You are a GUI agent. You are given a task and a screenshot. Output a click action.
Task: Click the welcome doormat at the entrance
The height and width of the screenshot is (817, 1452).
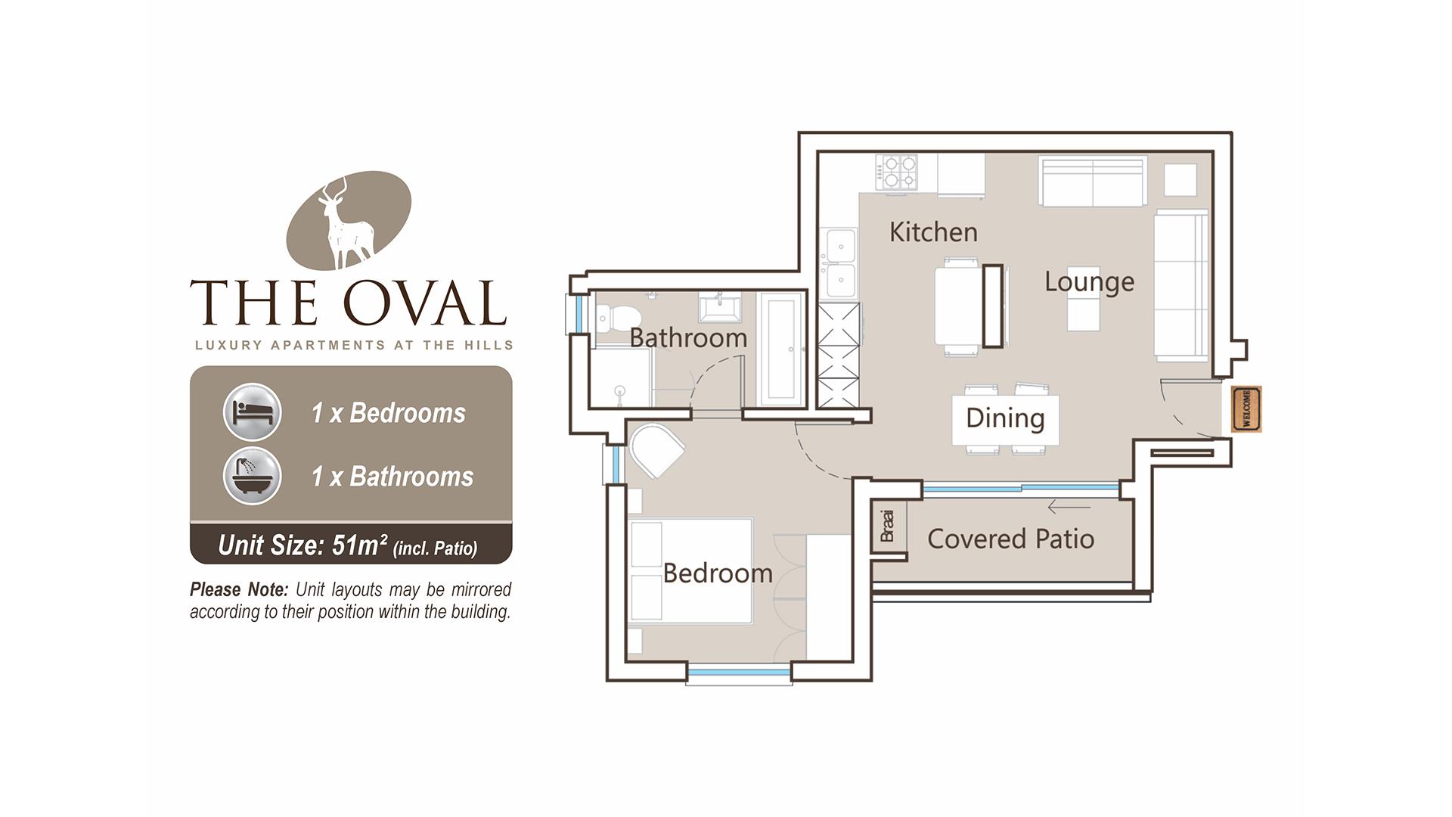coord(1246,409)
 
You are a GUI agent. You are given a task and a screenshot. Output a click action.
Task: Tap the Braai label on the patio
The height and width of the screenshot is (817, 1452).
coord(888,526)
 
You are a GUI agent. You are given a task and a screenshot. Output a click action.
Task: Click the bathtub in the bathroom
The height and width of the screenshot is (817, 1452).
coord(780,349)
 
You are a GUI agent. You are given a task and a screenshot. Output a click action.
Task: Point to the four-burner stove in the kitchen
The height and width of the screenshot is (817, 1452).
coord(896,172)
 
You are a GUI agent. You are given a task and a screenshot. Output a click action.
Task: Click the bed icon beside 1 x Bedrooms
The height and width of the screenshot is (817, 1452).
coord(253,412)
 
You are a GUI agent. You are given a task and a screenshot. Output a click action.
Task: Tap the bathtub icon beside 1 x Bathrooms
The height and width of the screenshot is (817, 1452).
coord(253,476)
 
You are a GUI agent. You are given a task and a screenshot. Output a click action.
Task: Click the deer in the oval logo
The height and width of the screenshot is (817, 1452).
coord(348,223)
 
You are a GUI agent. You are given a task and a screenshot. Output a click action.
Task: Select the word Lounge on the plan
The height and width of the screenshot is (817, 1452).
coord(1089,282)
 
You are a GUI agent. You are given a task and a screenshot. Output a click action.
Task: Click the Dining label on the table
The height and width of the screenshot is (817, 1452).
coord(1005,418)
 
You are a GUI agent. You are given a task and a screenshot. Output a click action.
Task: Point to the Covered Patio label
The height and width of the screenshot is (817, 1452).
coord(1010,539)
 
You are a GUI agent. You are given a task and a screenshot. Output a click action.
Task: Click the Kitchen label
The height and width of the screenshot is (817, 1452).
coord(933,231)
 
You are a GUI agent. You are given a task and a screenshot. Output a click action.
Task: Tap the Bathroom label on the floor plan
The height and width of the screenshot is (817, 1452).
coord(688,337)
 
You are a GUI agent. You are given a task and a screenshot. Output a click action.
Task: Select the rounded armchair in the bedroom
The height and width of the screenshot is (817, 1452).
coord(656,450)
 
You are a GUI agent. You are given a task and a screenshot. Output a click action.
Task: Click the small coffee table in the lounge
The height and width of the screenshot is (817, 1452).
coord(1084,299)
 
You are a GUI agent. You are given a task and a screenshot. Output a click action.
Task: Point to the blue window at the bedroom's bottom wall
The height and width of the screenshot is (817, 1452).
coord(739,671)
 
